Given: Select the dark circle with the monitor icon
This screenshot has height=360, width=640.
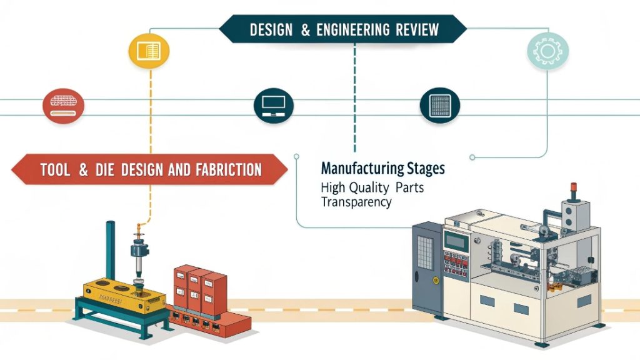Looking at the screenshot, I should pyautogui.click(x=273, y=105).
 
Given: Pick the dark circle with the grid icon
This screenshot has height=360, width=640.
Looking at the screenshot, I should pyautogui.click(x=439, y=105).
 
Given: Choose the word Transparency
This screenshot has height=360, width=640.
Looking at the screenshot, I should pyautogui.click(x=356, y=202).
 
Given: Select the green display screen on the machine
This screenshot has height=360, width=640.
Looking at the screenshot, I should pyautogui.click(x=457, y=241).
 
